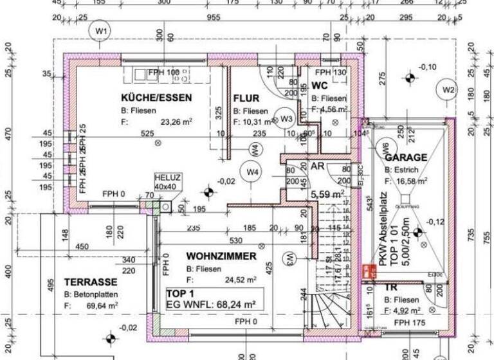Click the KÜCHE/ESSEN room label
click(156, 97)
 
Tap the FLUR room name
click(246, 98)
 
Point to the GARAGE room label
click(406, 157)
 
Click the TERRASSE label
click(91, 282)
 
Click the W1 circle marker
click(101, 31)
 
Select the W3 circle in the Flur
click(286, 118)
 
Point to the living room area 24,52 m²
click(241, 280)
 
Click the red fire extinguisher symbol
click(370, 271)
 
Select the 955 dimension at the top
click(214, 18)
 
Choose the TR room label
click(391, 288)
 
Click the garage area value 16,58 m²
click(413, 181)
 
